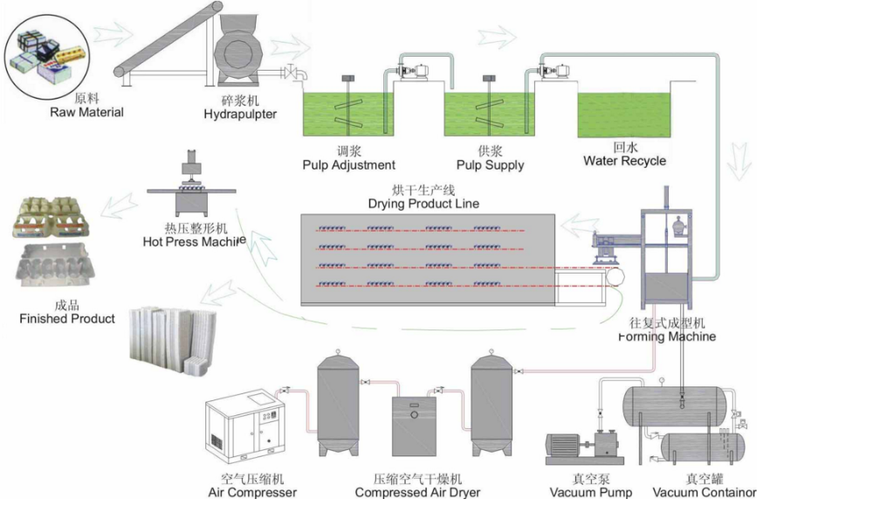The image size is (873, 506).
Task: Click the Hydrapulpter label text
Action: tap(240, 114)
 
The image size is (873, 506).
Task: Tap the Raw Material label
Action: tap(86, 112)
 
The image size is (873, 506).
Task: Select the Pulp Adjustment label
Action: tap(348, 165)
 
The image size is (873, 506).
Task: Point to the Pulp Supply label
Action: tap(490, 165)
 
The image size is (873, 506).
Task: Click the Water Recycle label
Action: tap(624, 161)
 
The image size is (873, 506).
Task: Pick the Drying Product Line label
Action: tap(424, 204)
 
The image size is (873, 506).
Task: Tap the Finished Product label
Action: tap(67, 319)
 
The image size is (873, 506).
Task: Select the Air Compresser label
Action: tap(252, 492)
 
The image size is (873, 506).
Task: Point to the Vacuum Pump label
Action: tap(591, 492)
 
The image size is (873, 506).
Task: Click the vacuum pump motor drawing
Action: tap(569, 447)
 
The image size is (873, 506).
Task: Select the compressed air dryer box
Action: tap(416, 426)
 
